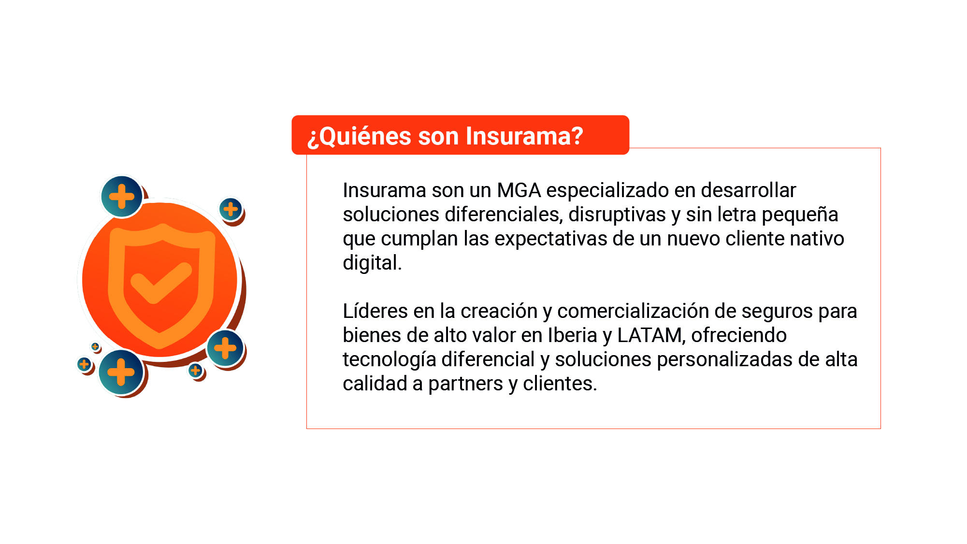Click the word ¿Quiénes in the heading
click(360, 137)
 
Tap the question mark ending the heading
click(577, 136)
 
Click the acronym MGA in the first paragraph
click(519, 190)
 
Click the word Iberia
click(573, 335)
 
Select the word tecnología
click(390, 360)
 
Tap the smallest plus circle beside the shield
click(95, 346)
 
